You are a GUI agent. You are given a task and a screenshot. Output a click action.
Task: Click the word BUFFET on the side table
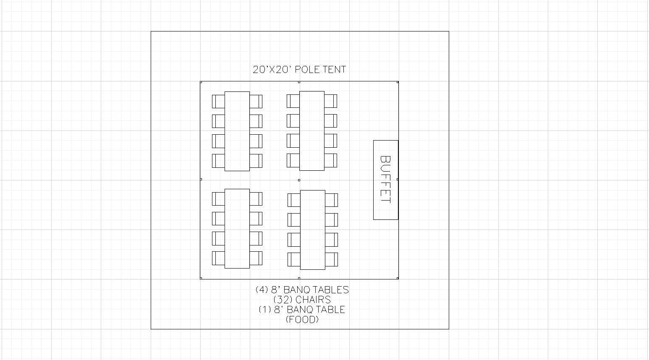[386, 180]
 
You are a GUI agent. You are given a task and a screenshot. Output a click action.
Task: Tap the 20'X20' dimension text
[272, 70]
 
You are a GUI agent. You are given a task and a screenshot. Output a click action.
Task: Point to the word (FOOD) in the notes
[302, 319]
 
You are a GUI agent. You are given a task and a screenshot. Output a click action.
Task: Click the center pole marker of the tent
[299, 180]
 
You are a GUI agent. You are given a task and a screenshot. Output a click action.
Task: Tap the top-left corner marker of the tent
[201, 82]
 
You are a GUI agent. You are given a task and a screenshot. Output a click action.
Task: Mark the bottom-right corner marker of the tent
[398, 278]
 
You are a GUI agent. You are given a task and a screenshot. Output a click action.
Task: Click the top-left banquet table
[237, 131]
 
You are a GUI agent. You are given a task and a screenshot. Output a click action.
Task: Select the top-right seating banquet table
[312, 131]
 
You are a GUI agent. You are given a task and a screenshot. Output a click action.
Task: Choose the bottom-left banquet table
[237, 229]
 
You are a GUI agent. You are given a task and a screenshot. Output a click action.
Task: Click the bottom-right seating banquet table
[313, 230]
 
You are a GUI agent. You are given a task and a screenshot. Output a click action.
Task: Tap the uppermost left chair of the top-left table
[218, 102]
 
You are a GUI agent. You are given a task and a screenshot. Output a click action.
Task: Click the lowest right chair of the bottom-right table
[332, 259]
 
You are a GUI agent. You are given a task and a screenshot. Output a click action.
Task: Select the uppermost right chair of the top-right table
[330, 101]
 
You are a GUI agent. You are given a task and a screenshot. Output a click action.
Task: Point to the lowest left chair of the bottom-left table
[218, 258]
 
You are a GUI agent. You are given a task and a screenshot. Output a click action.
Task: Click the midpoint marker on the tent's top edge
[299, 82]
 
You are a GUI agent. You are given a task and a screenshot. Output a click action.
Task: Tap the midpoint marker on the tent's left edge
[201, 180]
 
